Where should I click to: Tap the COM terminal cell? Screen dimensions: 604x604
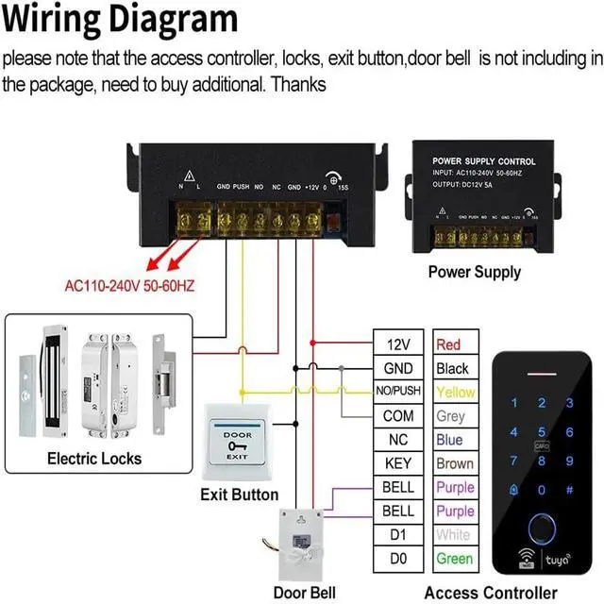tap(398, 415)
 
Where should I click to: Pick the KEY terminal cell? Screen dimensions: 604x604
tap(398, 463)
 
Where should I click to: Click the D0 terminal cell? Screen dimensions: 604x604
tap(398, 559)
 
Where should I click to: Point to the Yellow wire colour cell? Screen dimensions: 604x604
tap(455, 392)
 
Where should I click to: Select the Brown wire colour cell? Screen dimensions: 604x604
tap(455, 463)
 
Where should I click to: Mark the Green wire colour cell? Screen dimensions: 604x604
tap(454, 559)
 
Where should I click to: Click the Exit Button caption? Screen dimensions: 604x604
tap(240, 495)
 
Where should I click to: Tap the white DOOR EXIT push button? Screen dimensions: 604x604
tap(237, 443)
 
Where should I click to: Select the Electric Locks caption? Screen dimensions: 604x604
tap(94, 459)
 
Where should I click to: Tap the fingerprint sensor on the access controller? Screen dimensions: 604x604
tap(543, 528)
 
